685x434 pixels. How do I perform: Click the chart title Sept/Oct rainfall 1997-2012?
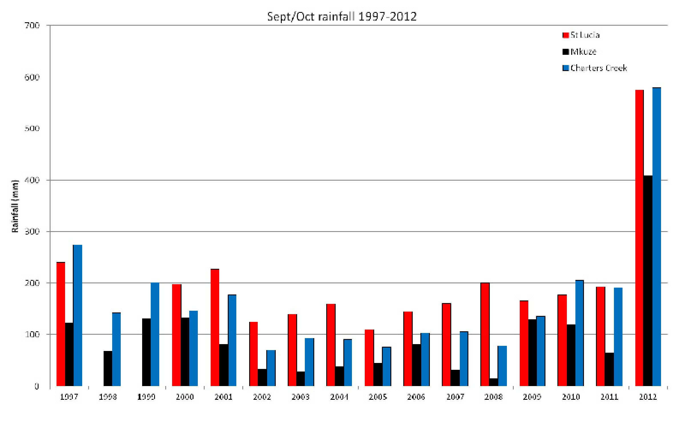[x=342, y=17]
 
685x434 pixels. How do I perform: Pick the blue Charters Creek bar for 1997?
[x=78, y=315]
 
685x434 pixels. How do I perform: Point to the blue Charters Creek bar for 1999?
[x=155, y=334]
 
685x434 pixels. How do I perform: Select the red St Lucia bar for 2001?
[x=215, y=327]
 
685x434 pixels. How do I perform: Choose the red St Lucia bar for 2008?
[x=485, y=334]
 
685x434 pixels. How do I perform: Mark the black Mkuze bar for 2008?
[x=493, y=382]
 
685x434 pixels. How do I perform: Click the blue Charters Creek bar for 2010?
[x=579, y=333]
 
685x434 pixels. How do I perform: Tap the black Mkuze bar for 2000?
[x=185, y=352]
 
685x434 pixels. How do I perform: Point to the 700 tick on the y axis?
[x=32, y=26]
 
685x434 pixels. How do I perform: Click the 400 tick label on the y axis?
[x=32, y=180]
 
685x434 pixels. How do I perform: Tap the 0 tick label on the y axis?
[x=37, y=386]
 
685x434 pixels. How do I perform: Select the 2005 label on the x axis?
[x=378, y=397]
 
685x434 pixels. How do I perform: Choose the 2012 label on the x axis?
[x=648, y=397]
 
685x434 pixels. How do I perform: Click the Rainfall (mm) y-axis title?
[x=15, y=206]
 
